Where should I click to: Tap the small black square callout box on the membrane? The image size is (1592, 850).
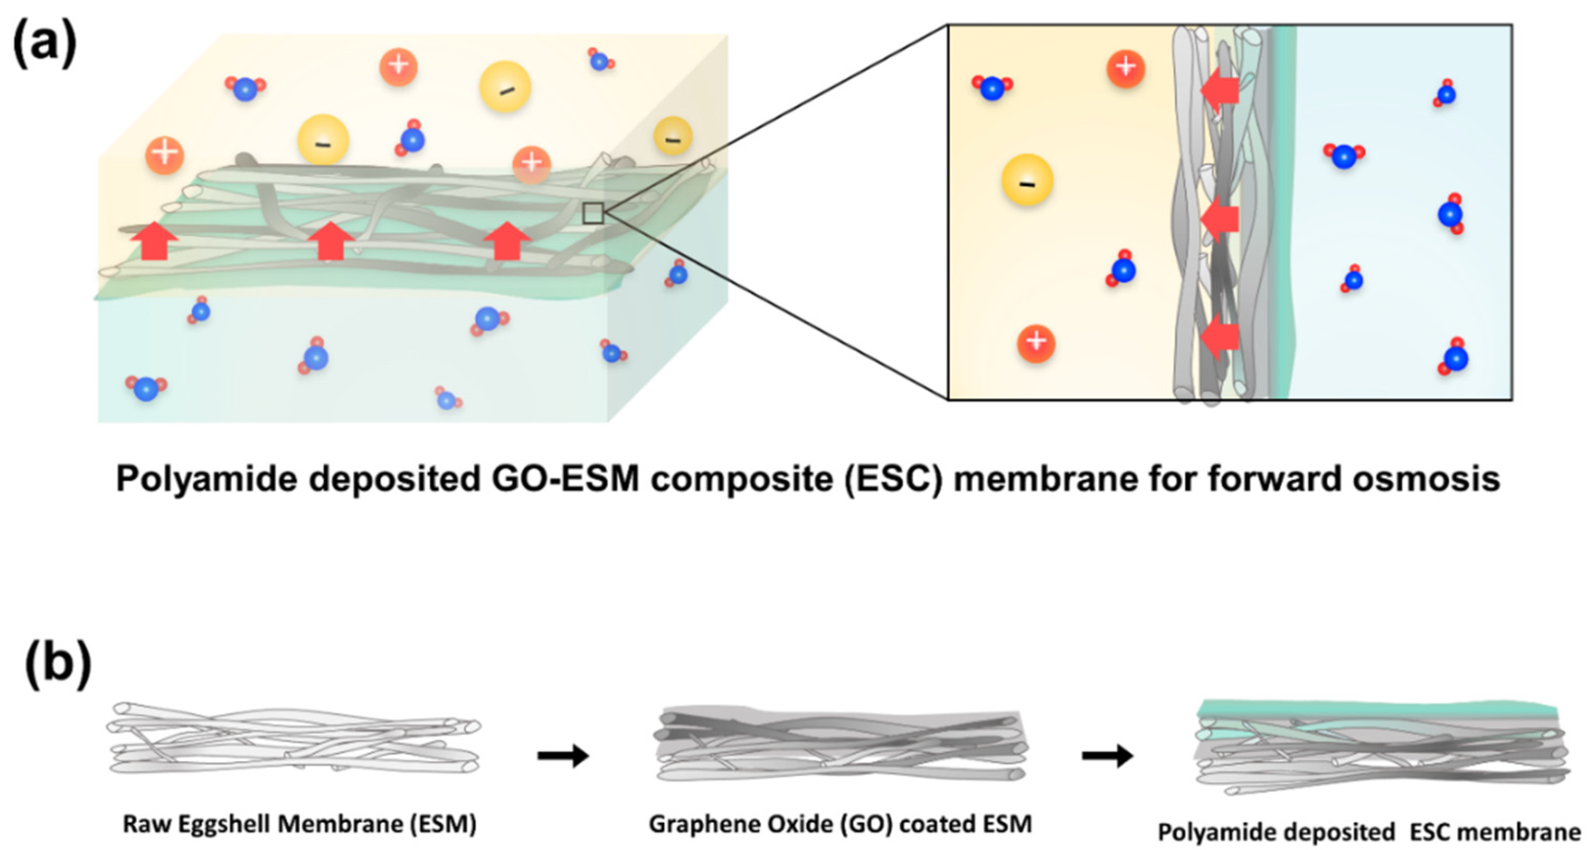[x=593, y=213]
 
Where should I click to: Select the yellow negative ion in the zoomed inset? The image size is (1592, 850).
[x=1027, y=181]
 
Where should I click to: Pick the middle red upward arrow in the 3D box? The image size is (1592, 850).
[x=331, y=241]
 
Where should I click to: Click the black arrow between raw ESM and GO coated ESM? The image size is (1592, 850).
[x=563, y=755]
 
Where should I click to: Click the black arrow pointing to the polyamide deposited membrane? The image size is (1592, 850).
[x=1107, y=755]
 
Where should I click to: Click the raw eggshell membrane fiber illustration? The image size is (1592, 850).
[x=294, y=739]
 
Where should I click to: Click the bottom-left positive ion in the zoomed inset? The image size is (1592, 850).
[x=1036, y=343]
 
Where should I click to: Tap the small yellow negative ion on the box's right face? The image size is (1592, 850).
[x=673, y=137]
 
